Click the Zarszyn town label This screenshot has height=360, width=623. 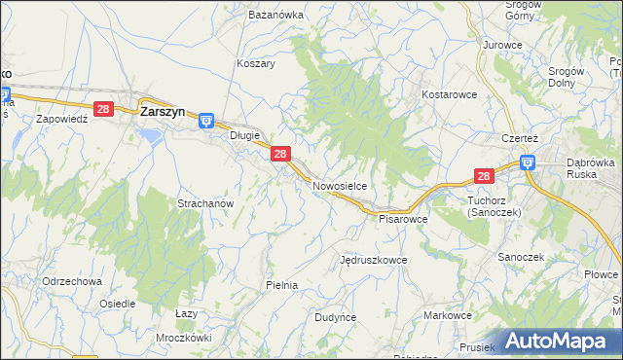(163, 111)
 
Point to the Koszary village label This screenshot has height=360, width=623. (256, 63)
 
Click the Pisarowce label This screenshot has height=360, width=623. (403, 219)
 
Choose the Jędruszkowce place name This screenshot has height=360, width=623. (373, 261)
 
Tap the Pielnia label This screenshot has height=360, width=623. (281, 285)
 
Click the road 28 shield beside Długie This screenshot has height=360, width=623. (280, 154)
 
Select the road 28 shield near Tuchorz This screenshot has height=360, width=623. (485, 175)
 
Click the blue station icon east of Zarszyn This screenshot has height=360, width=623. (206, 120)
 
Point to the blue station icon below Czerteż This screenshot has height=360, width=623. (527, 163)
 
